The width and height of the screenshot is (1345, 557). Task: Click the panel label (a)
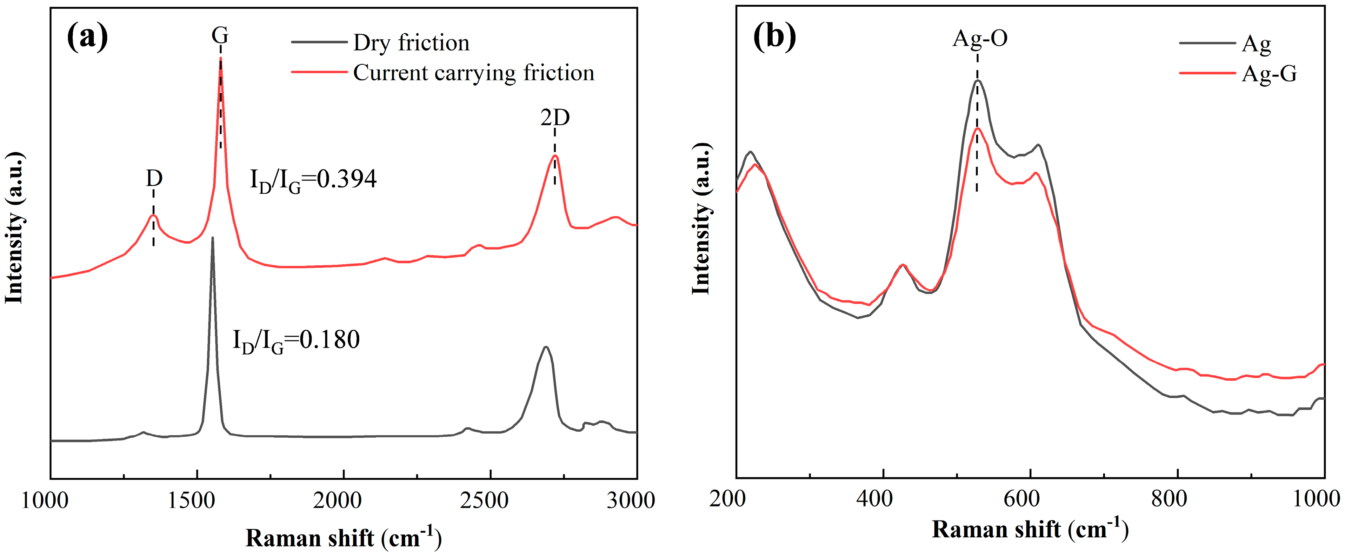pos(87,37)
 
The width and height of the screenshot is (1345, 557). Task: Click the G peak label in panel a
pos(220,35)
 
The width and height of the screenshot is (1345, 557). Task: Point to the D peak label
pos(153,179)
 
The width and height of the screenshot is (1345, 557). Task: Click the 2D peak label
pos(554,118)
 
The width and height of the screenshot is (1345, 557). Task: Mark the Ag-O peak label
pos(979,39)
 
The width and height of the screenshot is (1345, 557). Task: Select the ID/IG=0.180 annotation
pos(296,341)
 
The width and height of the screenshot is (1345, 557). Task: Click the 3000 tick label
pos(630,500)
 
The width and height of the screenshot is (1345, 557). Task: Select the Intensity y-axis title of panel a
pos(15,228)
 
